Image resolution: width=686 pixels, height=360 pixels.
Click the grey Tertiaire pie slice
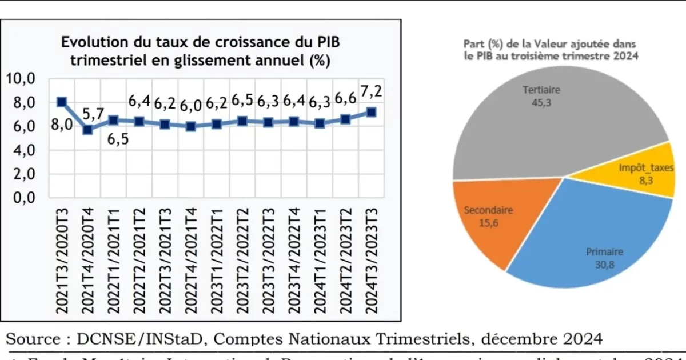tap(549, 131)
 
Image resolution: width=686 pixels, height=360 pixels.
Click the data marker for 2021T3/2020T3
tap(62, 102)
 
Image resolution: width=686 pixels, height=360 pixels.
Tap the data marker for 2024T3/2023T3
tap(371, 112)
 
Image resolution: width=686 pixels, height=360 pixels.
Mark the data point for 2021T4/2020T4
tap(87, 130)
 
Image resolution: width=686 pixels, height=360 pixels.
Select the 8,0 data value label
tap(61, 124)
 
